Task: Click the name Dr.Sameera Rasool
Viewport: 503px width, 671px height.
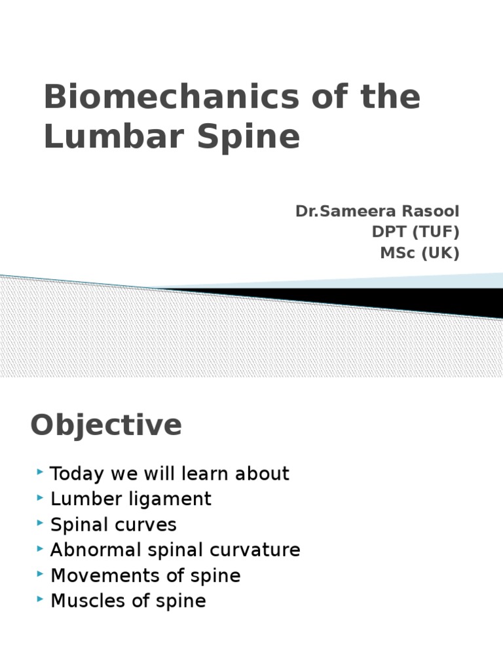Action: point(377,212)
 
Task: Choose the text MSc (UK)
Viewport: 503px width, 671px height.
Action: point(420,254)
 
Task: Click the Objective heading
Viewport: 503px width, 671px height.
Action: point(106,425)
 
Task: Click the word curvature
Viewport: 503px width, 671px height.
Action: point(259,550)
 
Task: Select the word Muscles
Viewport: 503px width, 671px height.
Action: point(86,601)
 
